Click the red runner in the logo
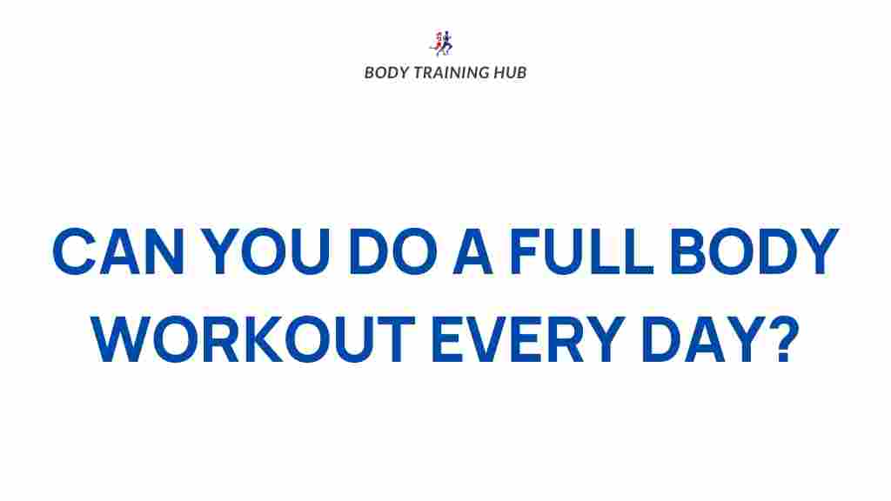click(x=439, y=43)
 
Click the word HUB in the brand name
click(x=508, y=72)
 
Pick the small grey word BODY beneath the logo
click(x=383, y=72)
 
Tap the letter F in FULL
click(x=523, y=251)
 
